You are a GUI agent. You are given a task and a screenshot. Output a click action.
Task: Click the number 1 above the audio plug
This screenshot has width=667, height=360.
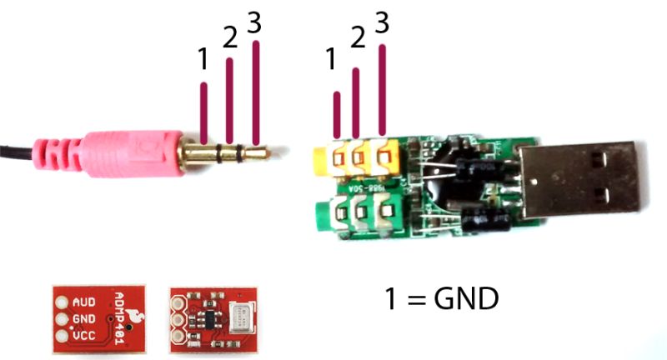203,60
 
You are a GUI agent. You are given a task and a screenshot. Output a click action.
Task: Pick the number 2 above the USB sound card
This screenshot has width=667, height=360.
358,38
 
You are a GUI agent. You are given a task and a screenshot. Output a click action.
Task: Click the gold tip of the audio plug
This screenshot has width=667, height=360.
264,152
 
